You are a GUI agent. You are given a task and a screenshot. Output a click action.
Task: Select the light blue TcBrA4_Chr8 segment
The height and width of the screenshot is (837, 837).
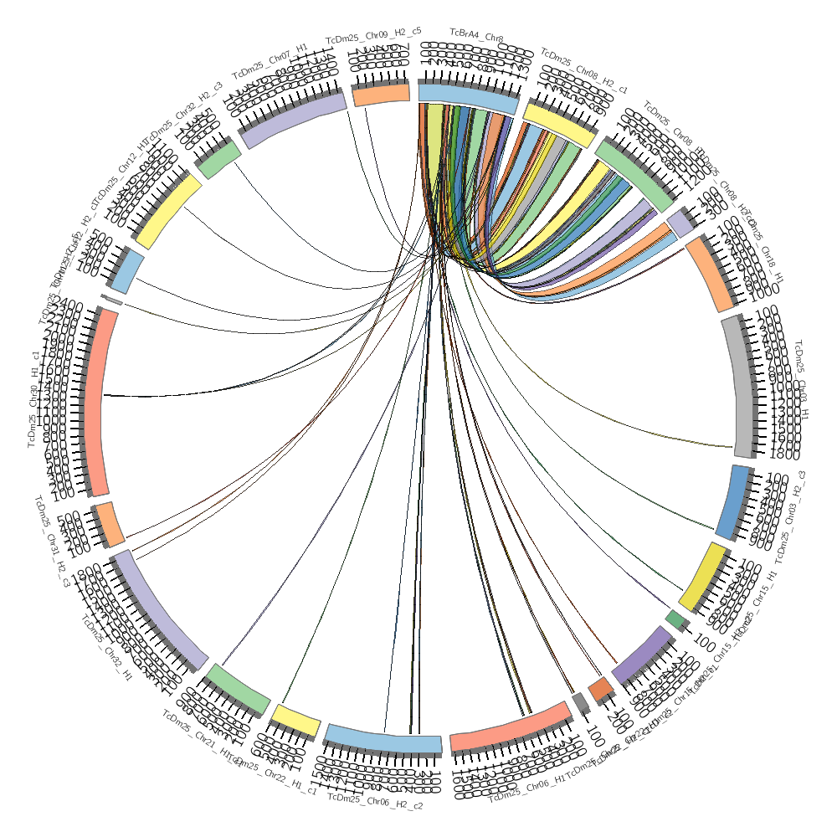[x=467, y=96]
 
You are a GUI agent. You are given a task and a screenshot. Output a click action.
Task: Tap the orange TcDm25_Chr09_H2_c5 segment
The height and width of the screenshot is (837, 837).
[x=381, y=95]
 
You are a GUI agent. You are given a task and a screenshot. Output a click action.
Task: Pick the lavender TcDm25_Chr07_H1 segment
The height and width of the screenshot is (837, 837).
[x=295, y=118]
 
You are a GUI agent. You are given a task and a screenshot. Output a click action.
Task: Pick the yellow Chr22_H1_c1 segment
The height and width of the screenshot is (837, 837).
[x=295, y=721]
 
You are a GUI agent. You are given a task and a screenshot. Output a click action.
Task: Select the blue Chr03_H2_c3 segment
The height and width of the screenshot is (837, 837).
[x=733, y=502]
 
